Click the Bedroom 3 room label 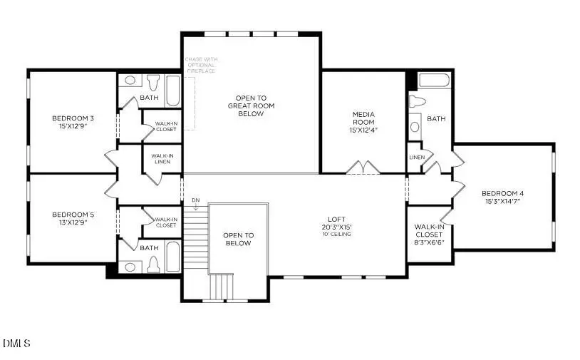click(x=69, y=118)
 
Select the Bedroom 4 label click(x=502, y=193)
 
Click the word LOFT click(x=336, y=220)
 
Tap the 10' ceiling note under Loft click(x=336, y=235)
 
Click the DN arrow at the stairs click(x=196, y=205)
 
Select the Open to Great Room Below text click(x=251, y=106)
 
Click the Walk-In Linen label click(x=162, y=158)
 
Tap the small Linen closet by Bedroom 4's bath click(x=416, y=157)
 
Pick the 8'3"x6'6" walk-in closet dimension click(x=429, y=242)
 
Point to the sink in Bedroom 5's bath click(x=130, y=267)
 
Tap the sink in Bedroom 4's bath click(x=415, y=127)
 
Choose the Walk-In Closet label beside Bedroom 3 click(x=165, y=127)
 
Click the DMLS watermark click(x=17, y=344)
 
